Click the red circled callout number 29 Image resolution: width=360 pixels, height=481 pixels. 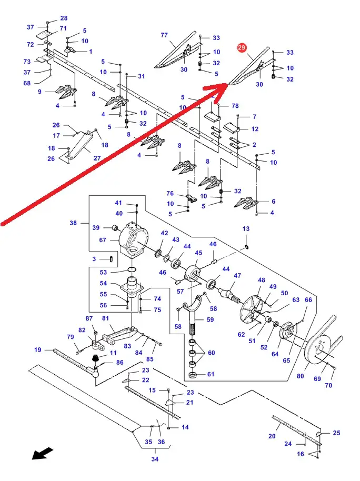(242, 48)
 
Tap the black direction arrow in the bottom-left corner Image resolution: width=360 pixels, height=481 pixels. (43, 453)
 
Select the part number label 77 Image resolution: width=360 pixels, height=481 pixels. (164, 35)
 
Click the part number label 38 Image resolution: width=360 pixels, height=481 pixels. (73, 223)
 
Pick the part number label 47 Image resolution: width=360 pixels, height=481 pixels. (237, 276)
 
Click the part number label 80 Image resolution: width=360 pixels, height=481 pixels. (301, 376)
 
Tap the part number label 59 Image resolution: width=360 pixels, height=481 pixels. (211, 319)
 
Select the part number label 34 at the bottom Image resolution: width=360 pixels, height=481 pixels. (155, 459)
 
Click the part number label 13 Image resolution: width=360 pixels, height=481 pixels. (246, 229)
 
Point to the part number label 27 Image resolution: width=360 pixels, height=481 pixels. (97, 158)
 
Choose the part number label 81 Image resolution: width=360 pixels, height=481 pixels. (105, 318)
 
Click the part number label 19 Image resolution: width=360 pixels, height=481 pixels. (38, 350)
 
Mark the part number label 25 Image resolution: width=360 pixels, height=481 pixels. (337, 433)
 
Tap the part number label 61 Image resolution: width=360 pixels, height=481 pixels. (211, 375)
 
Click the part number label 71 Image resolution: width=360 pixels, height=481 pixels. (63, 28)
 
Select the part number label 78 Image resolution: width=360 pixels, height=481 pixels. (235, 106)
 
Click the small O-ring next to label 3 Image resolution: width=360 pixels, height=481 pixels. (110, 259)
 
